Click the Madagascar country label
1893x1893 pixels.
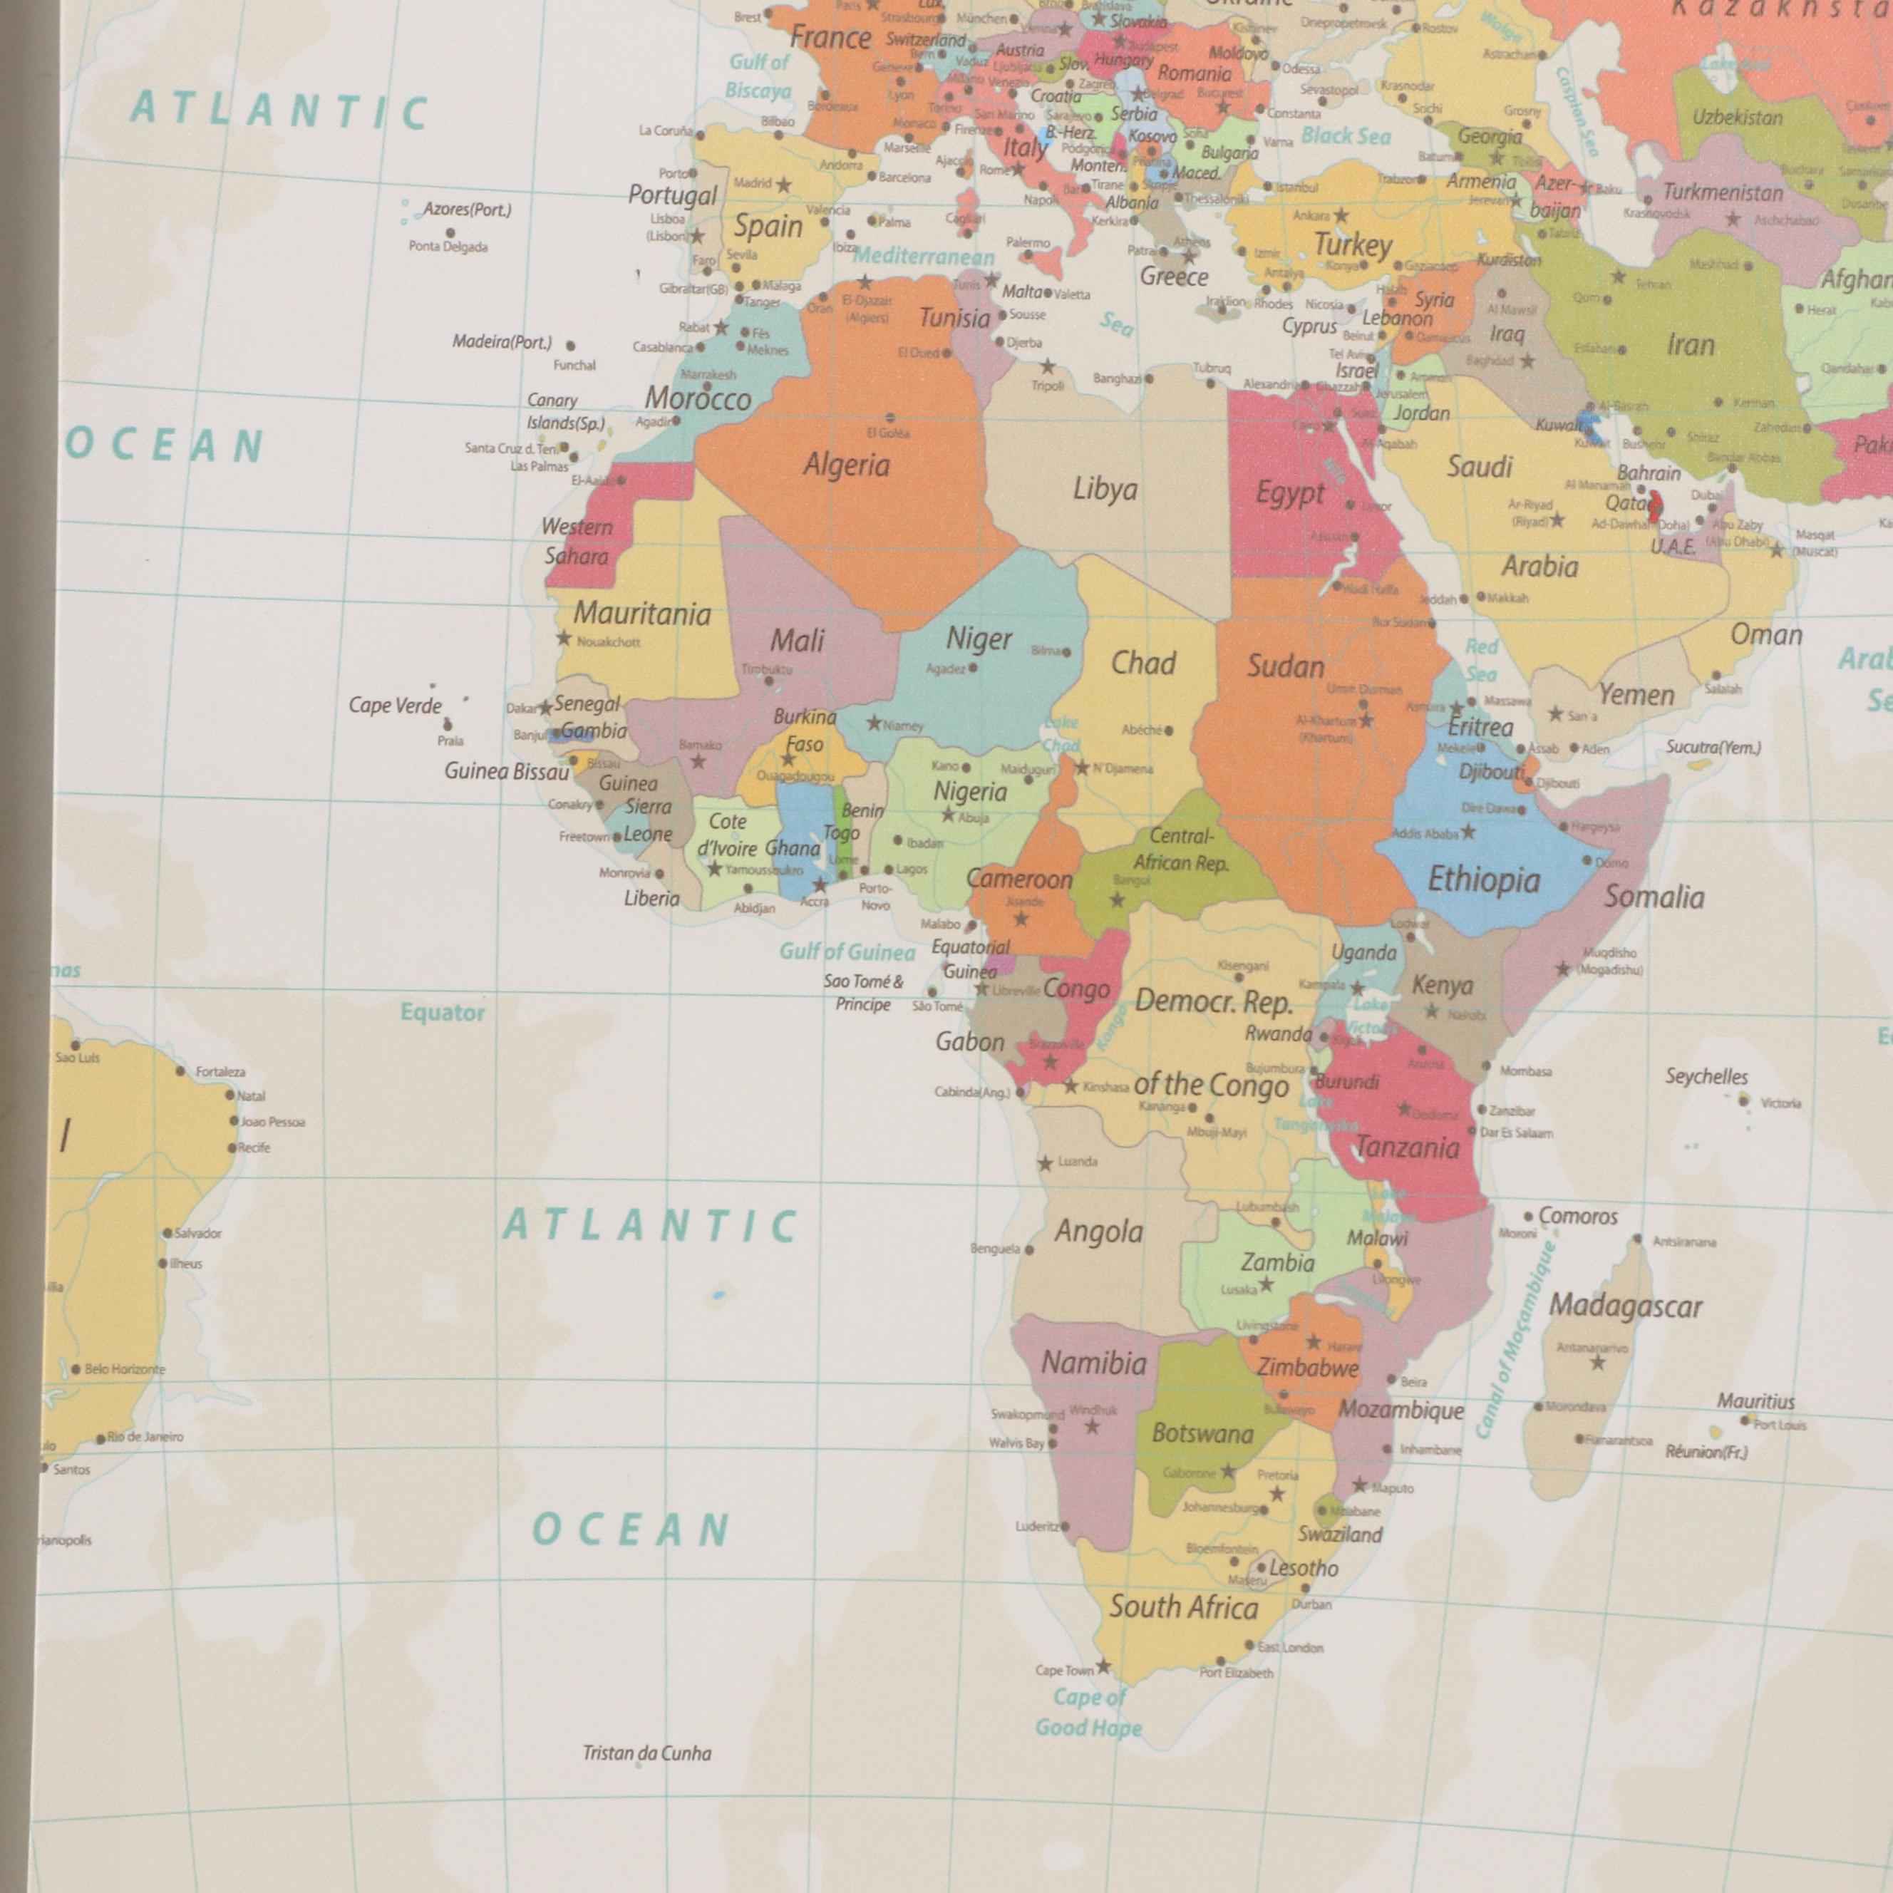point(1624,1306)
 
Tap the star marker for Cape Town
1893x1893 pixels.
point(1103,1666)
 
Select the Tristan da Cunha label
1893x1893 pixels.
point(646,1753)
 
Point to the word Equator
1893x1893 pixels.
point(442,1013)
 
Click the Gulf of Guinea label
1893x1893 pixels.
point(847,951)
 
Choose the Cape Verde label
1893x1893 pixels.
point(395,706)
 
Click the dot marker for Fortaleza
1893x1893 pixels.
point(181,1071)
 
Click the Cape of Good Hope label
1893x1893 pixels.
point(1088,1712)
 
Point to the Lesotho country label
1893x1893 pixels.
point(1303,1568)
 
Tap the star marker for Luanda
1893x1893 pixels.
point(1046,1163)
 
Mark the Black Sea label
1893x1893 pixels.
point(1346,137)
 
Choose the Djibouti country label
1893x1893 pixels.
point(1490,772)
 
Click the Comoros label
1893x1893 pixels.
point(1577,1216)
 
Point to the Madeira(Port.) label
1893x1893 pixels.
point(502,343)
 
